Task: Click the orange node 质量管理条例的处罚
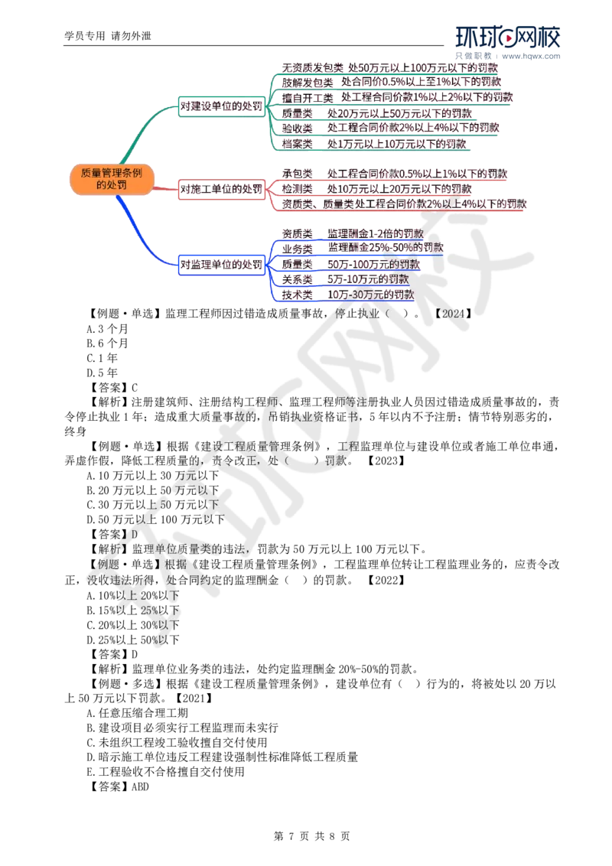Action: pos(112,179)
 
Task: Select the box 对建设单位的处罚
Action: pos(222,106)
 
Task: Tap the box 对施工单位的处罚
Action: pos(222,189)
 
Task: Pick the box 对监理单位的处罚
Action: pos(222,265)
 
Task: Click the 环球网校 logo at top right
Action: pos(508,37)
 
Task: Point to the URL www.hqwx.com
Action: pos(531,56)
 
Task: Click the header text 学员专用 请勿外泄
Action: pos(108,36)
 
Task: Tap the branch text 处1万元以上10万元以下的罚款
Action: pos(396,144)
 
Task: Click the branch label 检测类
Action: pos(297,189)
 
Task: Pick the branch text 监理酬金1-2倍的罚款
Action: pos(376,233)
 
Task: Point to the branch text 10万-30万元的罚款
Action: pos(370,295)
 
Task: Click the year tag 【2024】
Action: pos(453,314)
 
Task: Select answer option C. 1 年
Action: pos(103,358)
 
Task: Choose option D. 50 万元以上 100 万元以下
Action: pos(155,519)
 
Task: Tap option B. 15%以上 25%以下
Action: pos(132,610)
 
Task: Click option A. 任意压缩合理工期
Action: pos(137,713)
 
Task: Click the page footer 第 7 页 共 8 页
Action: pos(311,836)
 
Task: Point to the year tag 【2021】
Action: pos(194,698)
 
